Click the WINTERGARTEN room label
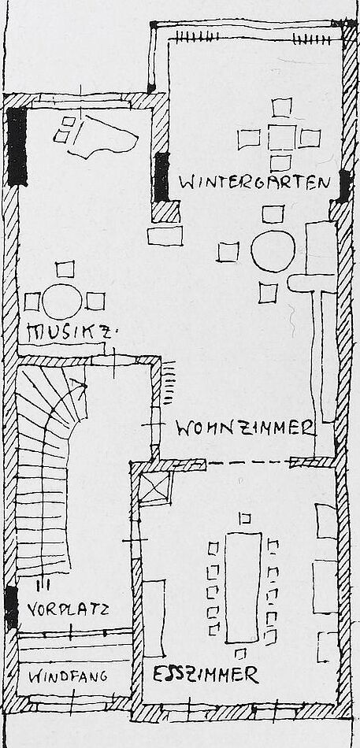pyautogui.click(x=254, y=183)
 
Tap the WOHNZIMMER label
pyautogui.click(x=245, y=428)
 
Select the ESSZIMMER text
pyautogui.click(x=206, y=674)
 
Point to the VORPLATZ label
pyautogui.click(x=67, y=609)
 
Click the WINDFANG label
pyautogui.click(x=68, y=676)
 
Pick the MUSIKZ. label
pyautogui.click(x=69, y=332)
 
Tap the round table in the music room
pyautogui.click(x=62, y=301)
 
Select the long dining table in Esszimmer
pyautogui.click(x=243, y=587)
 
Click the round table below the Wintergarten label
pyautogui.click(x=273, y=251)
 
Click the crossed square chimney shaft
pyautogui.click(x=155, y=487)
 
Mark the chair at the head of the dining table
pyautogui.click(x=246, y=518)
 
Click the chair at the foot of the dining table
pyautogui.click(x=240, y=654)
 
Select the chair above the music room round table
pyautogui.click(x=65, y=269)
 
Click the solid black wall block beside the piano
pyautogui.click(x=17, y=146)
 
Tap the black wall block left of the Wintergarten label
pyautogui.click(x=161, y=176)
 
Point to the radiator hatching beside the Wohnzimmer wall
pyautogui.click(x=169, y=383)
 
